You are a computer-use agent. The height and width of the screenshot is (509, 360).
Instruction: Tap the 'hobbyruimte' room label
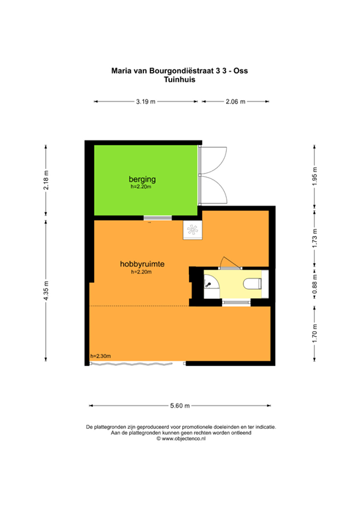point(142,264)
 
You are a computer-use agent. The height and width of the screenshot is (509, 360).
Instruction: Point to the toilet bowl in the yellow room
point(253,284)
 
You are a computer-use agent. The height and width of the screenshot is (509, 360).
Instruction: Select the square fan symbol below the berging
point(192,230)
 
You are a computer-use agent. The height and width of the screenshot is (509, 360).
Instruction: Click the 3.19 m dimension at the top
point(145,102)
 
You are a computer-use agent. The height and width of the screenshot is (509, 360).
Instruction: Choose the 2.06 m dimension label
point(235,102)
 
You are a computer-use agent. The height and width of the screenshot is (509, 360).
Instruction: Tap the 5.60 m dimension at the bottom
point(180,406)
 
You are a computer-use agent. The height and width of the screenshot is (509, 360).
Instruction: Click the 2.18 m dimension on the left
point(46,180)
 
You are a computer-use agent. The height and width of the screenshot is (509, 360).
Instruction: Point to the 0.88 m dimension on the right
point(315,285)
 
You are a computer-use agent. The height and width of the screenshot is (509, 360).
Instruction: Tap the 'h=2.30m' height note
point(100,356)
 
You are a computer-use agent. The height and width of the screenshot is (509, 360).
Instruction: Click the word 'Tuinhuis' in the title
point(180,78)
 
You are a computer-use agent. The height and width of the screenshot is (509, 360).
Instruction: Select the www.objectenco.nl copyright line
point(180,438)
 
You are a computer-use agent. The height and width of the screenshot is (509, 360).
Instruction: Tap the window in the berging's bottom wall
point(158,218)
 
